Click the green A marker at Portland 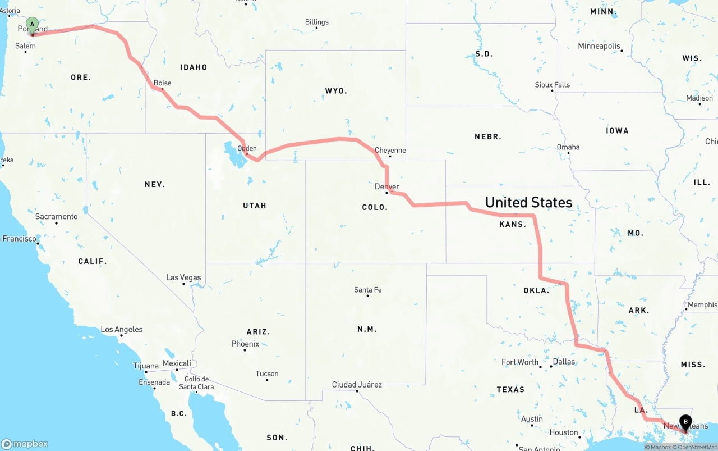coord(33,25)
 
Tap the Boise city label coord(162,83)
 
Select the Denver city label coord(387,186)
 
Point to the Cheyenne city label coord(390,151)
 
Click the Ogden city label coord(247,149)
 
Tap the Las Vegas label coord(183,277)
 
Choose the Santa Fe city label coord(367,290)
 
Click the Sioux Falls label coord(552,85)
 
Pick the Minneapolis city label coord(599,46)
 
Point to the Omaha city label coord(568,147)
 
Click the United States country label coord(528,202)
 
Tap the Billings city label coord(316,22)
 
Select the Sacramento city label coord(56,216)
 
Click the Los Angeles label coord(121,329)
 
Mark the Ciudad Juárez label coord(357,385)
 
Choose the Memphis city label coord(702,305)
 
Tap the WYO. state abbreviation coord(336,90)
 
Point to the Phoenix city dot coord(245,350)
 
